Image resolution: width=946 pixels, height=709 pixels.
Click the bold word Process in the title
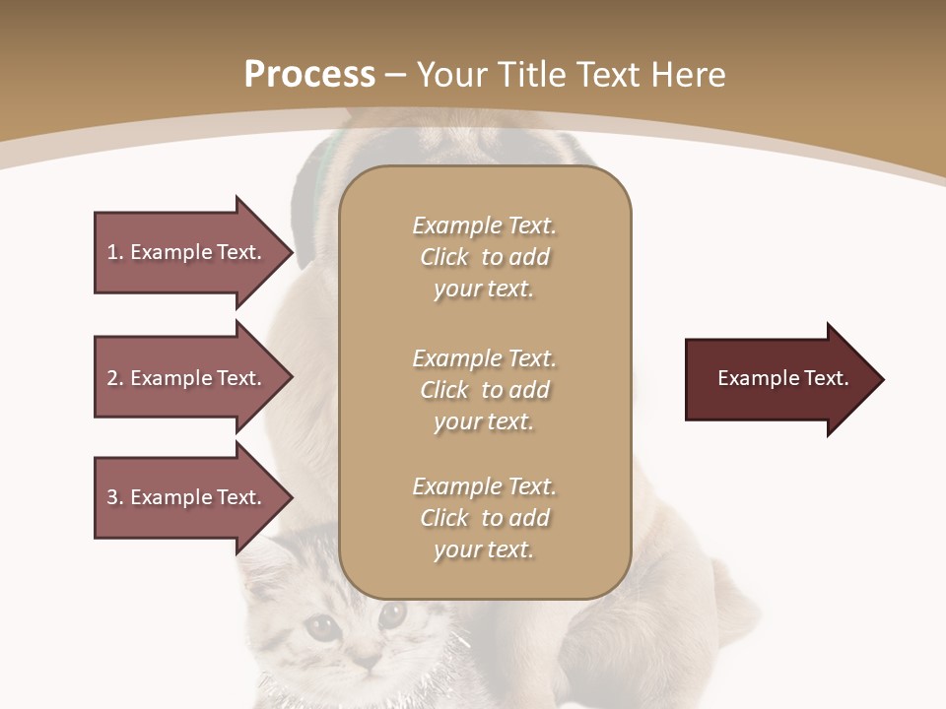coord(309,74)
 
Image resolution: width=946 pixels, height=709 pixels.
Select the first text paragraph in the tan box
coord(485,257)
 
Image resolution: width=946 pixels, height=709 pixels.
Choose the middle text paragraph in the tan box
coord(485,389)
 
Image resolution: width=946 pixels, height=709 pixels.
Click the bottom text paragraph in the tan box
coord(485,518)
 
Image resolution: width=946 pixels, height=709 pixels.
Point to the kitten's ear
coord(266,561)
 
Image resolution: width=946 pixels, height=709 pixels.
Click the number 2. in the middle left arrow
coord(115,378)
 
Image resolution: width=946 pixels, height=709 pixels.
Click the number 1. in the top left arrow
coord(115,252)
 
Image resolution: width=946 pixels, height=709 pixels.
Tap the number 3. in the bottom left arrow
coord(115,497)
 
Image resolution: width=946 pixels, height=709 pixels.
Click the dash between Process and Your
coord(396,75)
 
